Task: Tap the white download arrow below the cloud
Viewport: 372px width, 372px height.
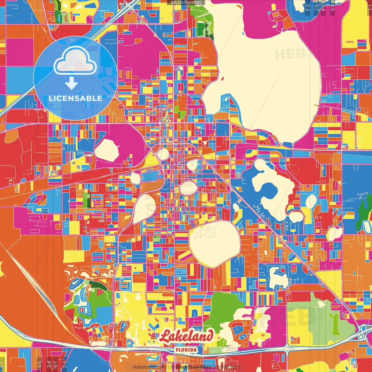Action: (71, 83)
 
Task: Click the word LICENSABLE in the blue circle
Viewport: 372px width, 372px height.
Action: (76, 98)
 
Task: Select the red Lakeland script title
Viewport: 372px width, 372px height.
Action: (186, 337)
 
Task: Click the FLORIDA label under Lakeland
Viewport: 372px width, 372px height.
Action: (186, 349)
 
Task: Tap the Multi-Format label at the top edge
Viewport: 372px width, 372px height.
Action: (186, 3)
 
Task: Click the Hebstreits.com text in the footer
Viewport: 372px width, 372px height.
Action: (149, 367)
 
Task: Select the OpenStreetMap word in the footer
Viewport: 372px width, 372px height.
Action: (193, 367)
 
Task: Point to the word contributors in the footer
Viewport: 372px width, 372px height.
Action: (226, 367)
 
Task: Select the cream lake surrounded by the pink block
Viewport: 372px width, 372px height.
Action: (107, 150)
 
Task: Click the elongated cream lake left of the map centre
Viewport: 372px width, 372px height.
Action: (142, 208)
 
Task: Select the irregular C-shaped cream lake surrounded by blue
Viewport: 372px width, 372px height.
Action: (270, 189)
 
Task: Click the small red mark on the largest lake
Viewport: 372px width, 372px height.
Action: (222, 78)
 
